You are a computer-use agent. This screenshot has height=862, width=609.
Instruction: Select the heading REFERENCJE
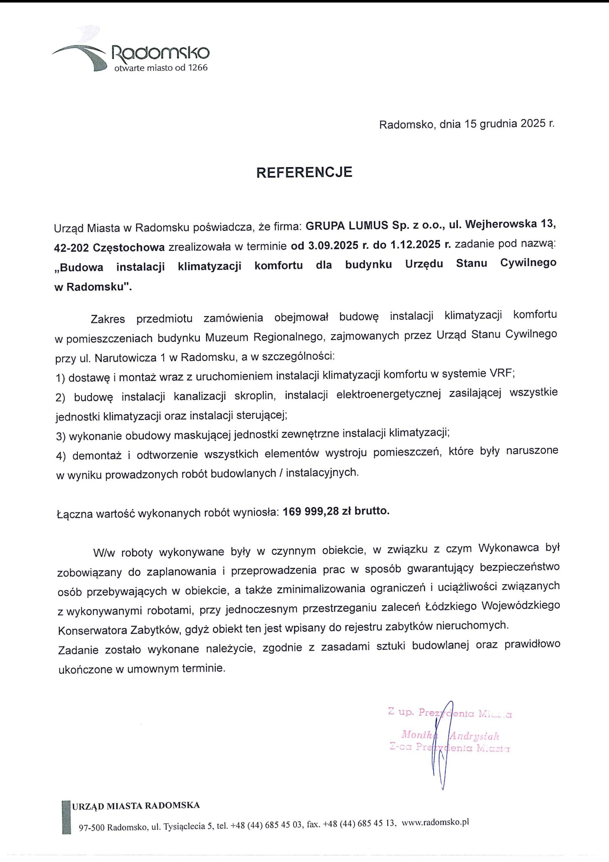(304, 172)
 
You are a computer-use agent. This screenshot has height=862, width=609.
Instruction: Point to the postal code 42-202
(71, 247)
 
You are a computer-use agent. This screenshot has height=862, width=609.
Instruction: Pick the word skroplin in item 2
(254, 396)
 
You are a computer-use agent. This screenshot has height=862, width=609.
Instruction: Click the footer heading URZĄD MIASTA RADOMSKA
(135, 806)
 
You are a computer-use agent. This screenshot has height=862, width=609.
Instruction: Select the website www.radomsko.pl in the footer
(435, 822)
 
